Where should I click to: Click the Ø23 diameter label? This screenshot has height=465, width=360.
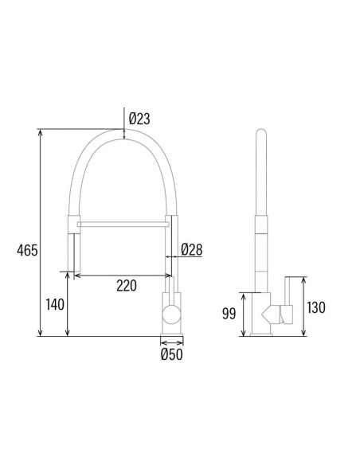[x=139, y=119]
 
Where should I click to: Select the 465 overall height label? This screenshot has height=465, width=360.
[x=27, y=251]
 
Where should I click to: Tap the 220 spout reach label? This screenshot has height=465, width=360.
[x=127, y=286]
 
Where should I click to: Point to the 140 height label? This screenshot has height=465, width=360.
[x=55, y=305]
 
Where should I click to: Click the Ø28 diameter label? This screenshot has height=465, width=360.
[x=192, y=250]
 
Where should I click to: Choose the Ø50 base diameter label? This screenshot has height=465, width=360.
[x=172, y=354]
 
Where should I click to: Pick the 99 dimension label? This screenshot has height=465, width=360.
[x=229, y=314]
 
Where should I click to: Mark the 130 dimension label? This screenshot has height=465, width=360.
[x=316, y=307]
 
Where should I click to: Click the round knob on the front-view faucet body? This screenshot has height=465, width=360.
[x=171, y=314]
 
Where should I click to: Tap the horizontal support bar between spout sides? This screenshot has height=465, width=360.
[x=123, y=225]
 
